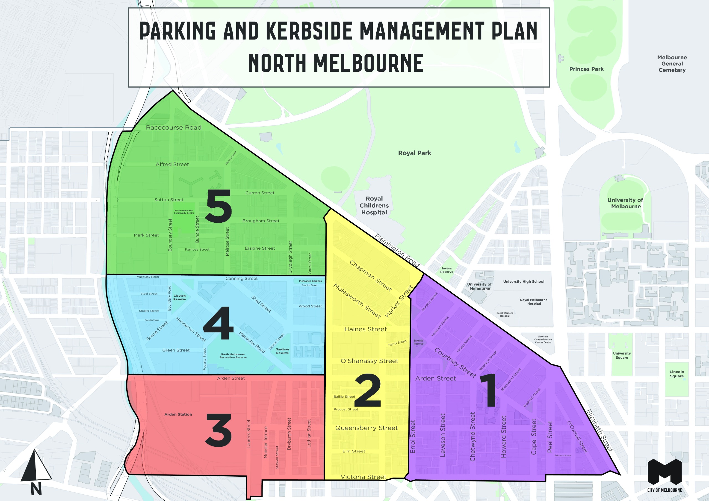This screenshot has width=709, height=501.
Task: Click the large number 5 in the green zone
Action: pos(218,206)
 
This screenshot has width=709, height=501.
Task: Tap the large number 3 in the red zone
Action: pos(218,430)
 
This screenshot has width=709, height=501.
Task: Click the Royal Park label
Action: pos(414,153)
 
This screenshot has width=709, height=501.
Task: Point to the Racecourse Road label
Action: pos(174,128)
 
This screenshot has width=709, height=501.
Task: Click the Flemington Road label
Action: pos(397,250)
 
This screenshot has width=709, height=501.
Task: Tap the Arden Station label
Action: pos(178,414)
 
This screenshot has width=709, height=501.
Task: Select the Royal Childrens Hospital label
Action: pos(374,205)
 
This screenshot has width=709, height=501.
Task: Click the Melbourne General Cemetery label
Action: pos(672,64)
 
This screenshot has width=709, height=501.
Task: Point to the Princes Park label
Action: pos(586,69)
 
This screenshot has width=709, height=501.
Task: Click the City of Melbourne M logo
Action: pos(664,472)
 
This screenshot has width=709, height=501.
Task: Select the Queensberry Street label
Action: pos(366,428)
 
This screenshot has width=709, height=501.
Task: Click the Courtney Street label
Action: pos(455,363)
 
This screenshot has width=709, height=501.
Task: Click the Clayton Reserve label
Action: pos(179,297)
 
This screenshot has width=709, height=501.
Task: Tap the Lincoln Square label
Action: pos(677,374)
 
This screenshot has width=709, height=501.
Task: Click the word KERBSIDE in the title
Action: pos(309,31)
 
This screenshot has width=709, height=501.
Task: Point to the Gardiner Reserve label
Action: pos(282,351)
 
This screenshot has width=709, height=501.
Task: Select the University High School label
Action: pos(524,281)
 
